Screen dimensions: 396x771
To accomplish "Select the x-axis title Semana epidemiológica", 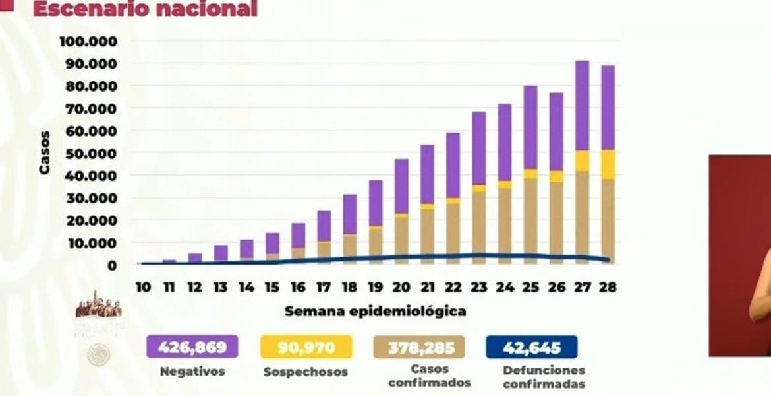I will coord(375,311).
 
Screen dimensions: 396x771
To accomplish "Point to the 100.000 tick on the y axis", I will coord(88,42).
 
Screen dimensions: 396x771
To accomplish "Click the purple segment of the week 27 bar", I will coord(582,106).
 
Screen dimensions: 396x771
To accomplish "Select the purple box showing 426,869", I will coord(192,346).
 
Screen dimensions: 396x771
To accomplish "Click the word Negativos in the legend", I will coord(192,372).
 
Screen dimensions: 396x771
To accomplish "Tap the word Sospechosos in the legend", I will coord(305,372).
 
